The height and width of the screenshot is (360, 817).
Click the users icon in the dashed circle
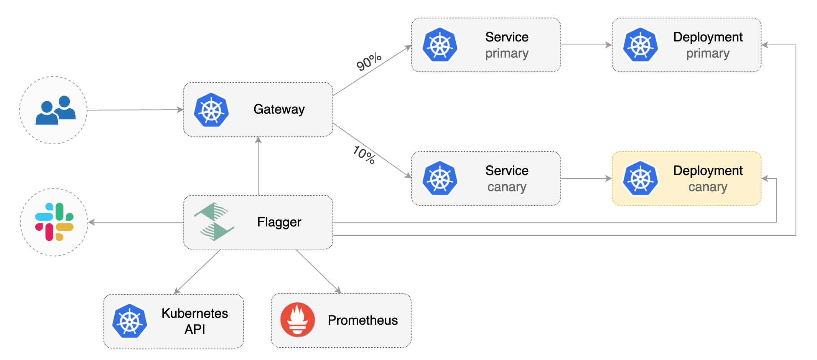(x=55, y=110)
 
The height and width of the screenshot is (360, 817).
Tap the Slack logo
(x=54, y=222)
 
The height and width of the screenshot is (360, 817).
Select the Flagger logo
(x=214, y=222)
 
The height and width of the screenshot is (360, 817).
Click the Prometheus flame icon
(x=297, y=320)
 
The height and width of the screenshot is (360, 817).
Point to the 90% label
(x=369, y=62)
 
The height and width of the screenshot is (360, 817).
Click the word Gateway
(x=279, y=109)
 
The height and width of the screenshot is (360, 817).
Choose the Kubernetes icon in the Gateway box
(x=211, y=110)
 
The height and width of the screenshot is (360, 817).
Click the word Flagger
(x=279, y=222)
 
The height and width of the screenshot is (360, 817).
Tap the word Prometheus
(x=362, y=320)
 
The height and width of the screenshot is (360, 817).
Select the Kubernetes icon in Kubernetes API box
(x=130, y=321)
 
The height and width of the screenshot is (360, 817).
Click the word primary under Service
(x=507, y=53)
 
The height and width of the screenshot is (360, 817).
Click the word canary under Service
(x=507, y=187)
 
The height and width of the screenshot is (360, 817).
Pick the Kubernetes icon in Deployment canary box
(x=640, y=178)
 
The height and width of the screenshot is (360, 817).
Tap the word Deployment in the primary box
(x=708, y=37)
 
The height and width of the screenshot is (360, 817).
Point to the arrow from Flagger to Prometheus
(x=318, y=271)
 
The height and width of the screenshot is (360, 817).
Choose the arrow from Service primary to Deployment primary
(x=586, y=45)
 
